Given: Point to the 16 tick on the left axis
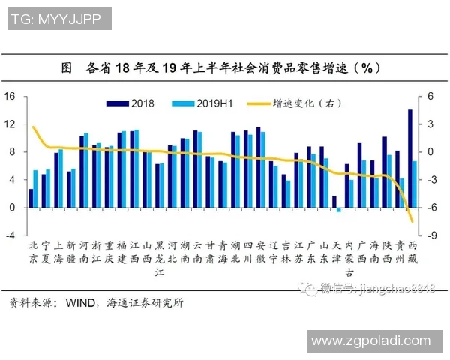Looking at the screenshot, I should click(x=10, y=96).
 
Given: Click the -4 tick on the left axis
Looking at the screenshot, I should click(x=10, y=235).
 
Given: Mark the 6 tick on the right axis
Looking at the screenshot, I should click(x=430, y=96).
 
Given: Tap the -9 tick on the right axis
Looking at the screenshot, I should click(x=430, y=235).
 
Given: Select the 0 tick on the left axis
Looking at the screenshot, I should click(x=13, y=208).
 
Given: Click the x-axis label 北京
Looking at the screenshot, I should click(x=32, y=251).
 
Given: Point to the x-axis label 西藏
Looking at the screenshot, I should click(x=412, y=251).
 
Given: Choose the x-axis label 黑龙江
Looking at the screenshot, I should click(x=159, y=258).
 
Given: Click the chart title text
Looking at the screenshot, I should click(x=225, y=67).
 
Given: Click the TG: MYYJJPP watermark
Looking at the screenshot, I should click(x=58, y=18).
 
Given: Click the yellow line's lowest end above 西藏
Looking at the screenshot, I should click(x=412, y=221).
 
